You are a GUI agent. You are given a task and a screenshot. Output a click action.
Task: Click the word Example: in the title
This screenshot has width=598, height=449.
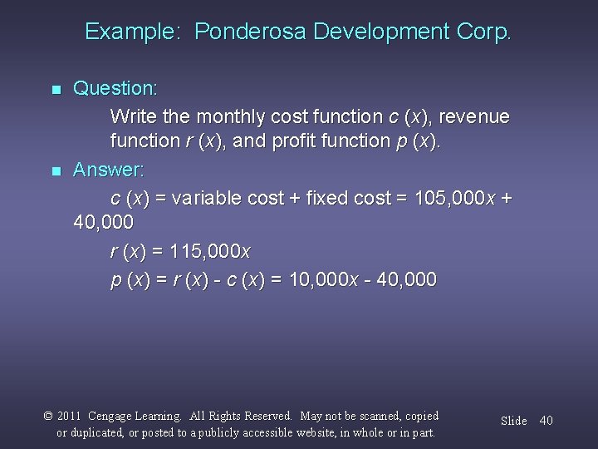(x=136, y=32)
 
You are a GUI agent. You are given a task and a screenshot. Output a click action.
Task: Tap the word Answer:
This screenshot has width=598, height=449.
(x=109, y=170)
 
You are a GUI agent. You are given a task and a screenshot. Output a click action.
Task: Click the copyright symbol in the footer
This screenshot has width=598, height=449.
(x=49, y=416)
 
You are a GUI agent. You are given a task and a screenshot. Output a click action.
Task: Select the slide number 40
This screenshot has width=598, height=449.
(x=546, y=421)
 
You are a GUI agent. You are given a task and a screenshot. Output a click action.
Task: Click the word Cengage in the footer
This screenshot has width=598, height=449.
(x=115, y=416)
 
